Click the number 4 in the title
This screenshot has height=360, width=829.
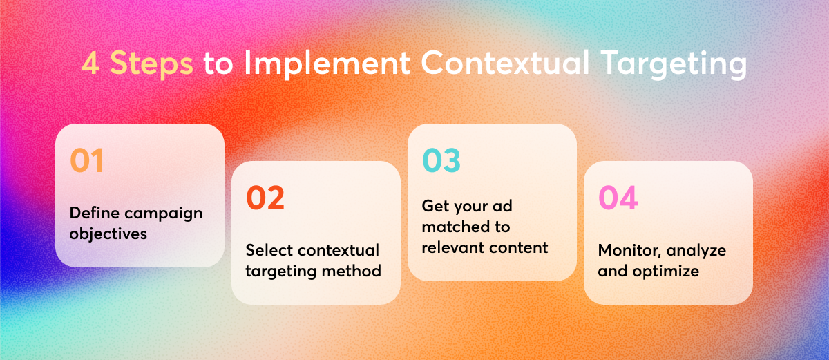click(90, 64)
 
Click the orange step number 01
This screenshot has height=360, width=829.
click(86, 160)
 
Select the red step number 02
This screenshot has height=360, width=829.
click(265, 198)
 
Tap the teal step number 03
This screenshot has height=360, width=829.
click(441, 160)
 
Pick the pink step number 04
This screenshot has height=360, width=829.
click(618, 198)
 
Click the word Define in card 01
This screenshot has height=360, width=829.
click(95, 213)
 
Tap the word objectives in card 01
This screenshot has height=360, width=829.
click(108, 234)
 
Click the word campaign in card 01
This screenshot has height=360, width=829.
click(164, 214)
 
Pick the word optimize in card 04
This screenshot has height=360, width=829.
click(666, 272)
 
